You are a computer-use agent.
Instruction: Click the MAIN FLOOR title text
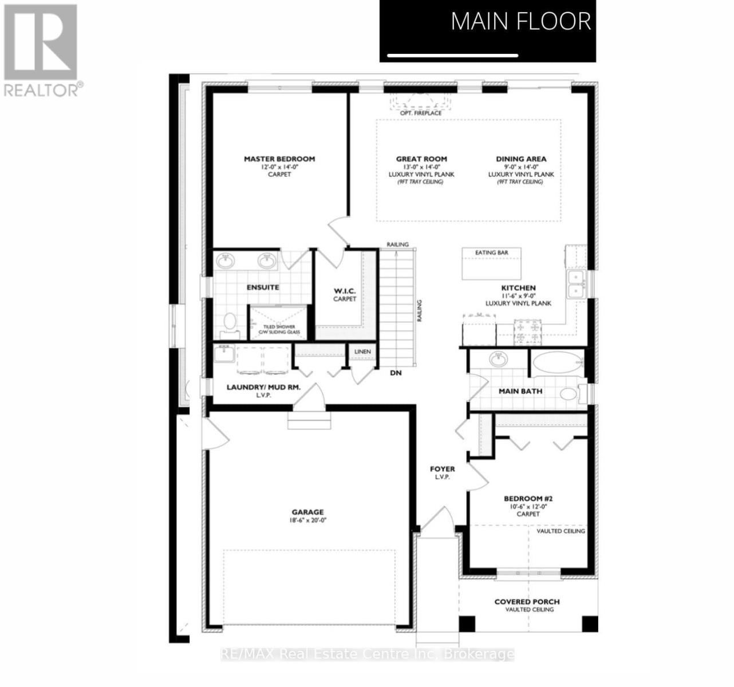[x=520, y=22]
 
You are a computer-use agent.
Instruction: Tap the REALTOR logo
[x=41, y=49]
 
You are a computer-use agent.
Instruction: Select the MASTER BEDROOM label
[x=279, y=159]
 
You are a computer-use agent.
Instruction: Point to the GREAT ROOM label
[x=421, y=159]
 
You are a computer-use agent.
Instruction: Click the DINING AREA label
[x=521, y=159]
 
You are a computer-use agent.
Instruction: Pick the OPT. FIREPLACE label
[x=421, y=113]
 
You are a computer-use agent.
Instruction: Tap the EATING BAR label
[x=491, y=252]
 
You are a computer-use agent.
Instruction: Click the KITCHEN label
[x=518, y=288]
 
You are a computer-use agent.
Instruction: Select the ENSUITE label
[x=263, y=287]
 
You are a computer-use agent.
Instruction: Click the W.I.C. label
[x=345, y=291]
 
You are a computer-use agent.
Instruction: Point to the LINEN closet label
[x=362, y=352]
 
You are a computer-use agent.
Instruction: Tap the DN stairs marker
[x=396, y=373]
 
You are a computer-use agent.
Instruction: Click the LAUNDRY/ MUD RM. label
[x=263, y=388]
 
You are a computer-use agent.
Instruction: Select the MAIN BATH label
[x=520, y=392]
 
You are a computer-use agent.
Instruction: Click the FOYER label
[x=443, y=469]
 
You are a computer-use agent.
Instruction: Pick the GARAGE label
[x=307, y=512]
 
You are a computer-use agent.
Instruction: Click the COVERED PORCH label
[x=527, y=602]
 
